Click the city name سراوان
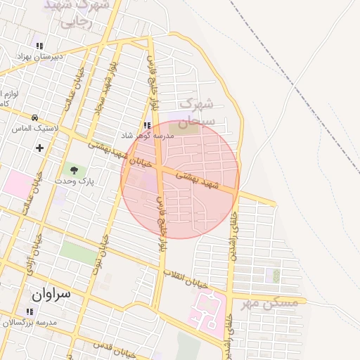pos(51,293)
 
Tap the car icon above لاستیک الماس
pos(34,117)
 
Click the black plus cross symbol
pos(39,148)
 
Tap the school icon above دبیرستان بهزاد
pos(39,46)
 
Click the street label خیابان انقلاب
pos(187,278)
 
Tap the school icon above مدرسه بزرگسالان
pos(30,311)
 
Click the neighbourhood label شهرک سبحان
pos(194,113)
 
